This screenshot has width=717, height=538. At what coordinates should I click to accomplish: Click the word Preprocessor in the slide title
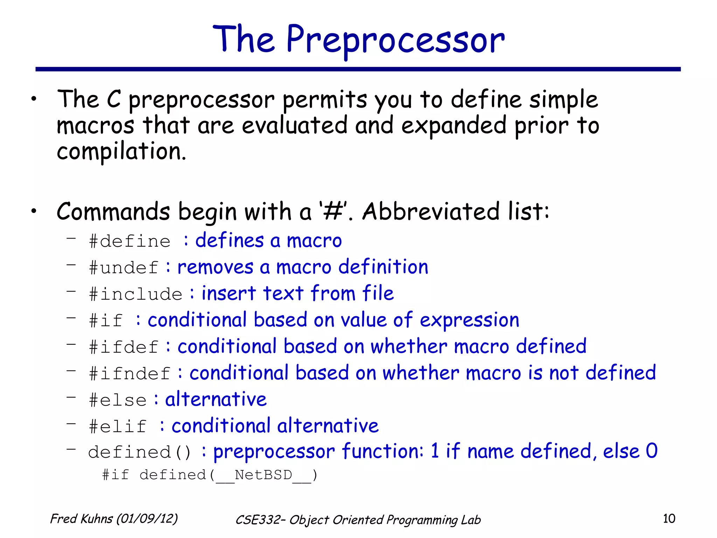pyautogui.click(x=396, y=40)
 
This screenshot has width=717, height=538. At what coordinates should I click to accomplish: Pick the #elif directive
pyautogui.click(x=118, y=427)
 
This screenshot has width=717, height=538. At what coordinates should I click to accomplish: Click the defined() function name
pyautogui.click(x=139, y=452)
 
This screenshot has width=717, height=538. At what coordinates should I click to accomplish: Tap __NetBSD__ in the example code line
pyautogui.click(x=263, y=476)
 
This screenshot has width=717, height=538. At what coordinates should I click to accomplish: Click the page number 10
pyautogui.click(x=669, y=519)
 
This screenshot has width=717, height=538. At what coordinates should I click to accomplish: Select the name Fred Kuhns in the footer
pyautogui.click(x=82, y=519)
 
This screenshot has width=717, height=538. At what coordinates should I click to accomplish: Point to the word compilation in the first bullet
pyautogui.click(x=121, y=152)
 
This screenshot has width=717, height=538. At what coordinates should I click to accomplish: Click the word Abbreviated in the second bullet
pyautogui.click(x=431, y=212)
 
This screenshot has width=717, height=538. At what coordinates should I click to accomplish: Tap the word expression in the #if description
pyautogui.click(x=469, y=320)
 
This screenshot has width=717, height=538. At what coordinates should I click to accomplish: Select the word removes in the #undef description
pyautogui.click(x=215, y=268)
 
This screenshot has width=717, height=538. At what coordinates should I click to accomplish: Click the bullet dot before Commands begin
pyautogui.click(x=34, y=211)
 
